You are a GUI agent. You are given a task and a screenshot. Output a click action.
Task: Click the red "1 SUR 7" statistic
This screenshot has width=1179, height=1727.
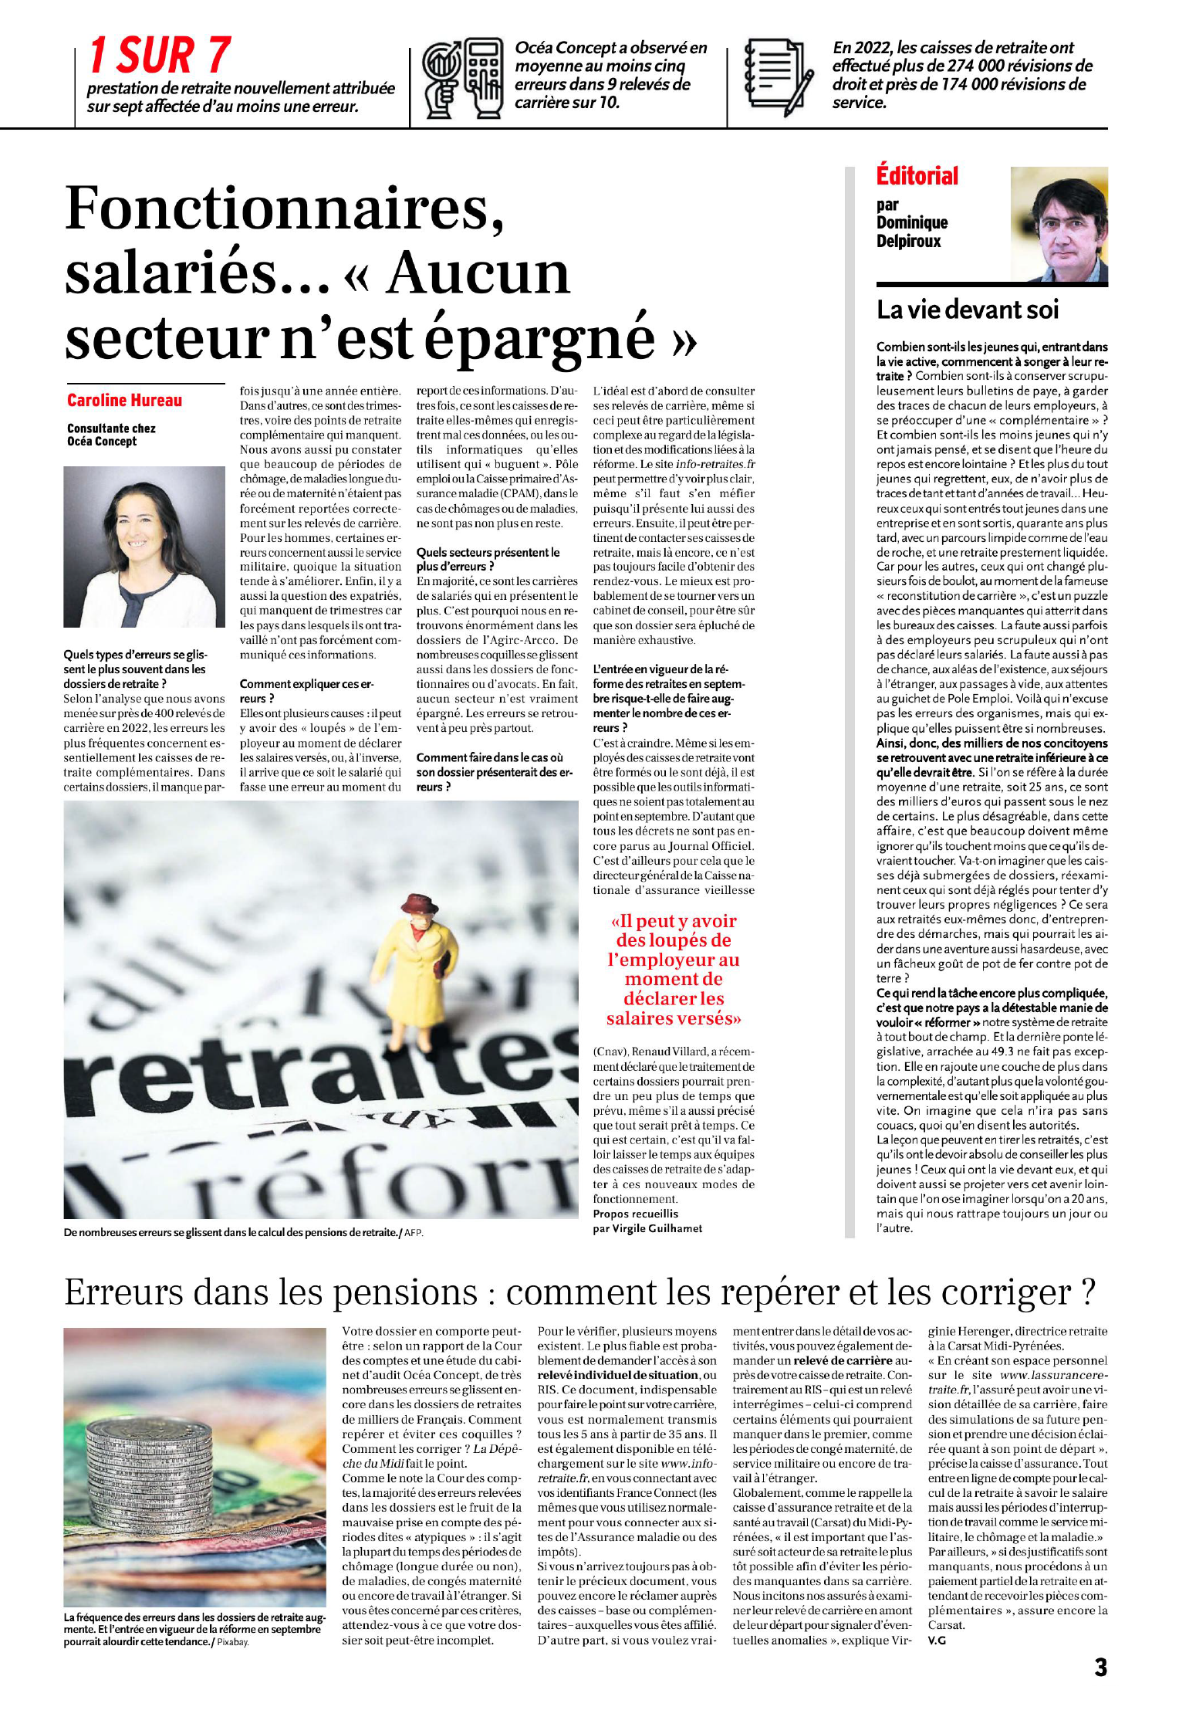tap(160, 56)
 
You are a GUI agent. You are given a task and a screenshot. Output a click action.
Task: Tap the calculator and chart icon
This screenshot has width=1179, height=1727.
tap(461, 76)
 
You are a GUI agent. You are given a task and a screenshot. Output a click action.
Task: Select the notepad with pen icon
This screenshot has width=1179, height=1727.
tap(779, 76)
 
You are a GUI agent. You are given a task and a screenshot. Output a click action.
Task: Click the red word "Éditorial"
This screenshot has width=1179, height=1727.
tap(917, 176)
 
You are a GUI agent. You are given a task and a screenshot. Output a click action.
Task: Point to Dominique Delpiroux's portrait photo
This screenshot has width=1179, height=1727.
tap(1059, 225)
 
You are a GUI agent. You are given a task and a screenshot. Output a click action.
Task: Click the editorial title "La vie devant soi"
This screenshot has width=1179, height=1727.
tap(968, 310)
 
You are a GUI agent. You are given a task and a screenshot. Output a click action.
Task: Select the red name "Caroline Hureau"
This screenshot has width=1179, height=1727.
tap(124, 400)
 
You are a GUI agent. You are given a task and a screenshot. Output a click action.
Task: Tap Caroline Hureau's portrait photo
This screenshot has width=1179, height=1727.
tap(133, 547)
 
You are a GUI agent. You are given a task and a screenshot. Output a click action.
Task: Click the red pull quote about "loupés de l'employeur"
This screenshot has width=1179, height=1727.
tap(674, 969)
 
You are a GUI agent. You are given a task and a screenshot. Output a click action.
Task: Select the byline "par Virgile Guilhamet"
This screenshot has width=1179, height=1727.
tap(647, 1228)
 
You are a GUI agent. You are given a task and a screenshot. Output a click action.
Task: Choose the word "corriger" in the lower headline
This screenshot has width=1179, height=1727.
tap(1004, 1292)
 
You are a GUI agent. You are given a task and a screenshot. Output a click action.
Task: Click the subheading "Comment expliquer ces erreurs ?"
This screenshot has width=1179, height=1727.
tap(306, 691)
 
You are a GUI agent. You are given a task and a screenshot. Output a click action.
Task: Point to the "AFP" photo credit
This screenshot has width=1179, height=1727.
tap(414, 1233)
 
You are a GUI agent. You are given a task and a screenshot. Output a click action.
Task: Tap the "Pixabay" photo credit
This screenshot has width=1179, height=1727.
tap(233, 1642)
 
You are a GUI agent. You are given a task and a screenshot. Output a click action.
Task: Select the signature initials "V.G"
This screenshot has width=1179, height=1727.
tap(937, 1640)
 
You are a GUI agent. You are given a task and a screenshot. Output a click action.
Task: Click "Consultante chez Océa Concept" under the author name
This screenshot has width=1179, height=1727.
tap(111, 435)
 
